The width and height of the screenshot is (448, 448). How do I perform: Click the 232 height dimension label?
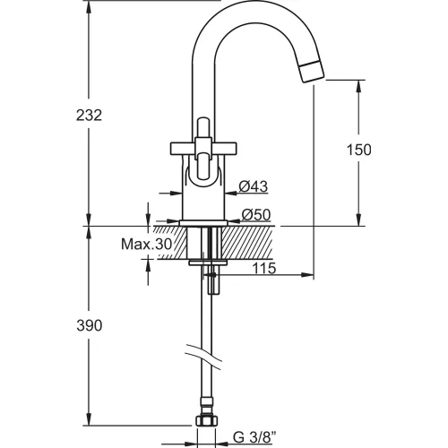(89, 116)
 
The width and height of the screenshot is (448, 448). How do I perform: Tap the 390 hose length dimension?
(90, 325)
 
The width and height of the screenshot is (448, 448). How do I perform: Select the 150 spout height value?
(358, 150)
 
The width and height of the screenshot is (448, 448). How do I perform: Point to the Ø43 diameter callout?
(254, 187)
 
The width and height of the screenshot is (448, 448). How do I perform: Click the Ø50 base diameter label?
(256, 214)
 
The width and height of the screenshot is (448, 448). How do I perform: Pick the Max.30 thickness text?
(147, 245)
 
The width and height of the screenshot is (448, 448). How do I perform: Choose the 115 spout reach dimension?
(264, 268)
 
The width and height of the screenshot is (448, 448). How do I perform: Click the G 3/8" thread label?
(254, 438)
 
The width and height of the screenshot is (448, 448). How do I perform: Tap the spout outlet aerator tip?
(313, 71)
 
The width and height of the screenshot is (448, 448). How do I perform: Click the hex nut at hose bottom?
(206, 421)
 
